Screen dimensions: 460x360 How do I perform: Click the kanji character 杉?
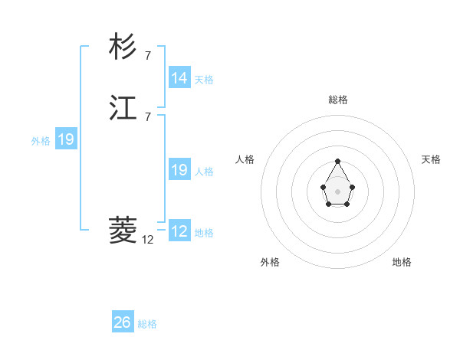click(123, 47)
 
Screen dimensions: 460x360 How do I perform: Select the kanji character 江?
click(123, 108)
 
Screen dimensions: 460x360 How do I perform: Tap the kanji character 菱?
click(123, 229)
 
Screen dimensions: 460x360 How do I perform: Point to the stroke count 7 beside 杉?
click(148, 55)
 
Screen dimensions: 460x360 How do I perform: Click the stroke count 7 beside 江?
click(148, 116)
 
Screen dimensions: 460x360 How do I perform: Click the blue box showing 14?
click(179, 78)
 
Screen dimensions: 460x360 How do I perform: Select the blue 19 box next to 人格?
click(179, 170)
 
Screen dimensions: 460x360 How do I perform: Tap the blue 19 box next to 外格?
click(66, 139)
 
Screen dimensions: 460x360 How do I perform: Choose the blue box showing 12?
click(179, 231)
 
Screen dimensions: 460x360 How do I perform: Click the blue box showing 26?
click(122, 322)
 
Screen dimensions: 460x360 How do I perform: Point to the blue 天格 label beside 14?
click(204, 80)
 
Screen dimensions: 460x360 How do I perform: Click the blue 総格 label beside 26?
click(147, 324)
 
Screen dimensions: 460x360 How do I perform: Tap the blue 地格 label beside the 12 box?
click(204, 233)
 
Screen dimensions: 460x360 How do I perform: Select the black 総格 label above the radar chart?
click(337, 100)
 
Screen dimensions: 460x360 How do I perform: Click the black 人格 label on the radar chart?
click(245, 159)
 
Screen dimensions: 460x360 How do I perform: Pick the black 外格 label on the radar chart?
click(270, 262)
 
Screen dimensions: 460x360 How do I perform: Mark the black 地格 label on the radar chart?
click(402, 262)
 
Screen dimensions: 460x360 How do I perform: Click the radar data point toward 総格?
click(337, 161)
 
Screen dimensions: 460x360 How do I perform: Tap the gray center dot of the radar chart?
click(337, 191)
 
